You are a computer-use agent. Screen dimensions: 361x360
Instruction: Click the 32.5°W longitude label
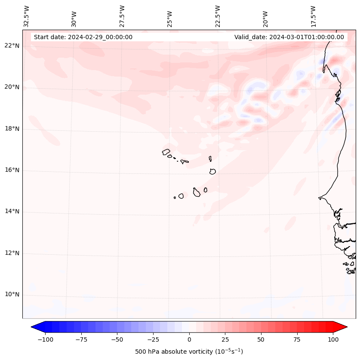click(27, 16)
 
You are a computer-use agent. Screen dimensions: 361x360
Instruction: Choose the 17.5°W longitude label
click(313, 16)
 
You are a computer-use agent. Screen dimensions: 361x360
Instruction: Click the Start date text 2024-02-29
click(83, 37)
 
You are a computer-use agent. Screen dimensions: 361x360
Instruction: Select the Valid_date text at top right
click(289, 37)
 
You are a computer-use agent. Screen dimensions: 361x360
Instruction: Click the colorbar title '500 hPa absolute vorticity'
click(189, 352)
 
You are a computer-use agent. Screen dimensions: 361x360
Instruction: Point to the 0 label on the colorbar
click(189, 339)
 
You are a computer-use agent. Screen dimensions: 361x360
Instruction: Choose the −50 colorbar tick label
click(117, 339)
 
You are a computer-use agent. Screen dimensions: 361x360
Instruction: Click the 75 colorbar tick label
click(297, 339)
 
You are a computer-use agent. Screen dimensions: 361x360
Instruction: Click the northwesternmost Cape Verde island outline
click(166, 152)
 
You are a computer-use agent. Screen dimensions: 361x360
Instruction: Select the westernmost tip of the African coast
click(319, 198)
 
